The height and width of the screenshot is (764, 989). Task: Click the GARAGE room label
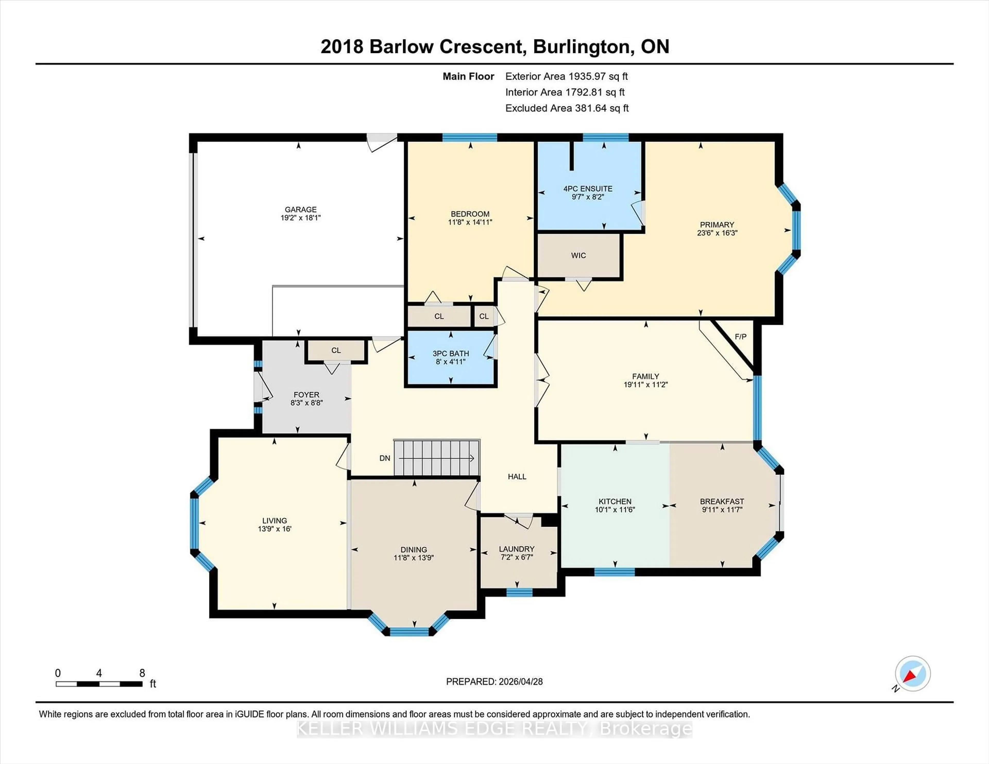(300, 209)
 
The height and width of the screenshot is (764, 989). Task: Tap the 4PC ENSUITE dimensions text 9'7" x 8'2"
(588, 197)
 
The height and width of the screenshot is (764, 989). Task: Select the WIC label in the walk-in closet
(578, 255)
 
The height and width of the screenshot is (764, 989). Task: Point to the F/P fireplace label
(740, 337)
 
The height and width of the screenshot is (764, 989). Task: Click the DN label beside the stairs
(385, 458)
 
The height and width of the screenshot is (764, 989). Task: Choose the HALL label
(517, 476)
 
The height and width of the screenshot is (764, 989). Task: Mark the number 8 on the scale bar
(142, 673)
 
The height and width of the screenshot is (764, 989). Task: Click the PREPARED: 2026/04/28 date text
(494, 682)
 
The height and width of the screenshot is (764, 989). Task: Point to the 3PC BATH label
(450, 353)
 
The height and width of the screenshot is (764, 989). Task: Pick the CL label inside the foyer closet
(336, 350)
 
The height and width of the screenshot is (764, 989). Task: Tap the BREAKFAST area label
(722, 501)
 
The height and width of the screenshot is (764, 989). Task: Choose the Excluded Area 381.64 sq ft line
(567, 108)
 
